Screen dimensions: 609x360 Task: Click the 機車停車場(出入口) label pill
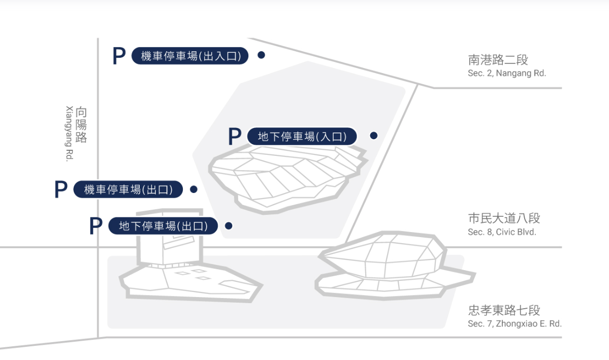[x=190, y=56]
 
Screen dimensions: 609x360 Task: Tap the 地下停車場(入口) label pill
[x=302, y=136]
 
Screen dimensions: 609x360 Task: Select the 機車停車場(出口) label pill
[x=128, y=189]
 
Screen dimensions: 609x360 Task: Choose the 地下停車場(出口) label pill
[x=163, y=225]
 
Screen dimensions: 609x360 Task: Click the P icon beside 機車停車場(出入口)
[x=119, y=56]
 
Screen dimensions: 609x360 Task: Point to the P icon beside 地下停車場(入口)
[x=235, y=136]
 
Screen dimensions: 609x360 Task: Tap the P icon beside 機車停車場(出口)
[x=61, y=189]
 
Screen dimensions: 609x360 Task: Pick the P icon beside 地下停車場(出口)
[x=96, y=225]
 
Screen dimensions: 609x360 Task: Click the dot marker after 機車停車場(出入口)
[x=262, y=55]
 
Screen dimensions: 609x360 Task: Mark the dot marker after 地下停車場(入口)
[x=374, y=136]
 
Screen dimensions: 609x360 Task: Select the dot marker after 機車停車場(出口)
[x=194, y=189]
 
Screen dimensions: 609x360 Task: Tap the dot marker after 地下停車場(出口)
[x=229, y=225]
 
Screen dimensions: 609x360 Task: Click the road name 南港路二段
[x=498, y=60]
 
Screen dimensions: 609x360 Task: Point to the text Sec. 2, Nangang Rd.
[x=507, y=73]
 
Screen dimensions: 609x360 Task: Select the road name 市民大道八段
[x=504, y=218]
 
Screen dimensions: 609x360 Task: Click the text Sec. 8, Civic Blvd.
[x=502, y=232]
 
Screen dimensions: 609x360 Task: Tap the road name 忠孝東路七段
[x=504, y=310]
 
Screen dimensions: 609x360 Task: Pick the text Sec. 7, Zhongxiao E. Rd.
[x=515, y=323]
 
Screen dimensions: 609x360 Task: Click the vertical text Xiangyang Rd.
[x=69, y=134]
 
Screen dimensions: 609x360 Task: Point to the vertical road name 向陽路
[x=81, y=125]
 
